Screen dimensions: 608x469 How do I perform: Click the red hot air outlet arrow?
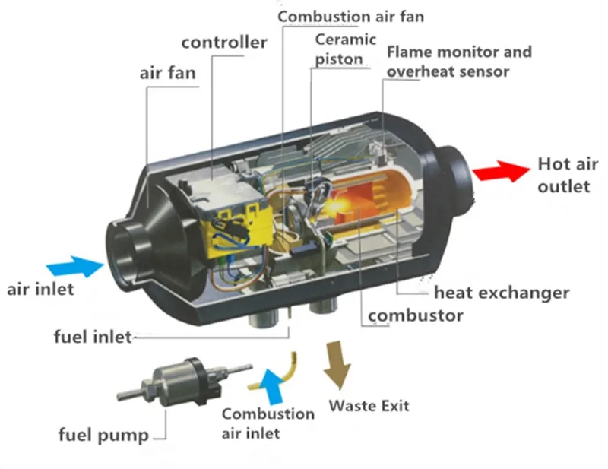pos(501,171)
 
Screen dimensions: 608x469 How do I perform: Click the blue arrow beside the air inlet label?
pos(75,267)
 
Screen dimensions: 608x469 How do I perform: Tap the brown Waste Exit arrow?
pos(337,365)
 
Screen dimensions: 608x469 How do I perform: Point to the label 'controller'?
pos(224,43)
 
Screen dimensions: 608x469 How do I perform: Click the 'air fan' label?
pos(167,73)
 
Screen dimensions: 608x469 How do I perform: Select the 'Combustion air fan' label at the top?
pos(351,17)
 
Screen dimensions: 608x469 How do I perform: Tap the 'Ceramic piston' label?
pos(345,49)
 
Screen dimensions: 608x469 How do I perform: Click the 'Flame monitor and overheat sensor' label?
pos(459,62)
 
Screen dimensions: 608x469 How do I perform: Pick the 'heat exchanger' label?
pos(502,293)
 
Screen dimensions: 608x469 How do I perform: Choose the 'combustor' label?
pos(415,315)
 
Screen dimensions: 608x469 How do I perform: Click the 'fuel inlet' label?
pos(93,336)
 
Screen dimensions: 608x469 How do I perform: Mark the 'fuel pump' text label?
pos(103,435)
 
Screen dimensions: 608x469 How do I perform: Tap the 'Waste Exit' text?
pos(369,406)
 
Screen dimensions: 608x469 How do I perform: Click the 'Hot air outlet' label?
pos(567,175)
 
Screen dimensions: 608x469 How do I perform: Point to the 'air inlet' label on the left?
pos(40,290)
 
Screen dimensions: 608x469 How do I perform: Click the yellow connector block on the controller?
pos(239,232)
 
